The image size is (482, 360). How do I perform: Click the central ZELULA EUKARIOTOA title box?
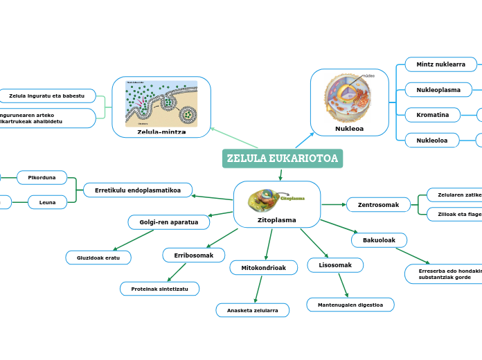[x=283, y=159]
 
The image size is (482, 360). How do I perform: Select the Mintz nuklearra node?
[x=440, y=64]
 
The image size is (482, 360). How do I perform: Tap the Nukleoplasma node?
[x=438, y=90]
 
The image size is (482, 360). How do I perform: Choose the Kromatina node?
[x=433, y=115]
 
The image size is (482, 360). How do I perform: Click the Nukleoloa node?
[x=432, y=141]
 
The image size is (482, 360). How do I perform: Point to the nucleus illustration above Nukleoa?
[x=348, y=98]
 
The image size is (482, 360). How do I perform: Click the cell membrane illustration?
[x=161, y=103]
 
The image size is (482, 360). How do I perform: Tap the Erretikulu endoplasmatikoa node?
[x=137, y=190]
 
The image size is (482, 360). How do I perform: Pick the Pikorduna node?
[x=42, y=178]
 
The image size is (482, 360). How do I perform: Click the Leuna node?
[x=47, y=202]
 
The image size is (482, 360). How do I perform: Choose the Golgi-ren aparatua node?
[x=169, y=222]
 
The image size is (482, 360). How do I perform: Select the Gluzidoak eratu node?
[x=98, y=258]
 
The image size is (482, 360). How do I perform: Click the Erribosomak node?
[x=194, y=255]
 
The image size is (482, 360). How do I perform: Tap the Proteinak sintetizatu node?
[x=160, y=289]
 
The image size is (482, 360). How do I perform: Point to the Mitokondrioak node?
[x=263, y=267]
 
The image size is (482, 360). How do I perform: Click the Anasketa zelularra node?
[x=253, y=310]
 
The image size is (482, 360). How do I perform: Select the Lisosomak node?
[x=335, y=265]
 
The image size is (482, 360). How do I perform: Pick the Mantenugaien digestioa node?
[x=350, y=305]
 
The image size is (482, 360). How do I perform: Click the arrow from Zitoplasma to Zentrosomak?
[x=334, y=204]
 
